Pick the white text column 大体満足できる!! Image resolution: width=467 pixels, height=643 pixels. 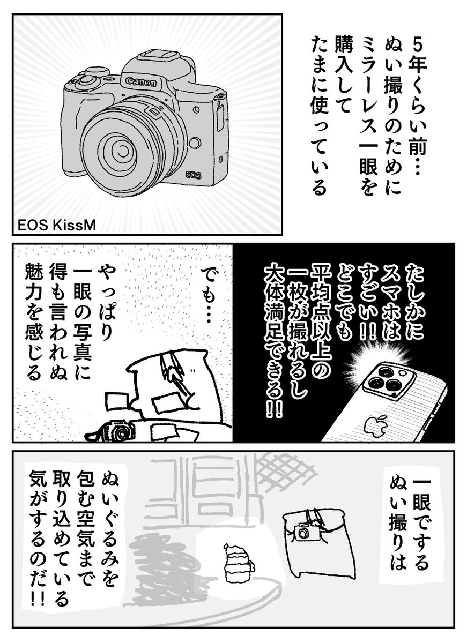pos(272,343)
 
